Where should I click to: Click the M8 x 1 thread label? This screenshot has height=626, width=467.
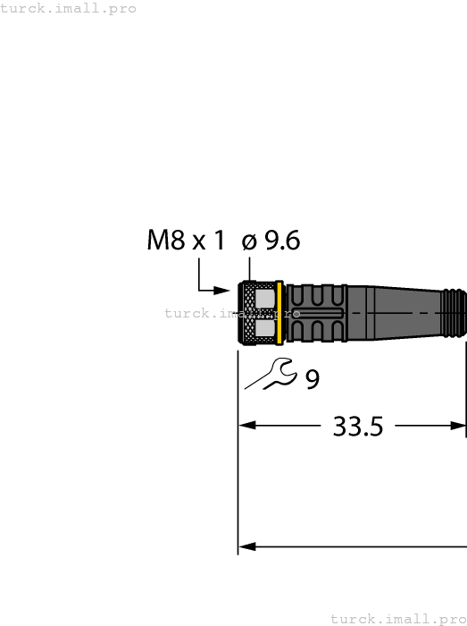point(186,241)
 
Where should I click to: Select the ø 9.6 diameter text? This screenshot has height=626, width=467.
point(271,241)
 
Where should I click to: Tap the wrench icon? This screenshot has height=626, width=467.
point(271,373)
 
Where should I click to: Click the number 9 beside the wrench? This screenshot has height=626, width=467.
point(313,380)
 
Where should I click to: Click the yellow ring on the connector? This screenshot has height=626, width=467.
point(280,313)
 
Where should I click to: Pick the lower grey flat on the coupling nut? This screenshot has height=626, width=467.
point(265,331)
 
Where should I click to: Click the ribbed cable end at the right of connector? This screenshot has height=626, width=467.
point(454,313)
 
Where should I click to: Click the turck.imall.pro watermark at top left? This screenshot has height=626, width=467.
point(69,8)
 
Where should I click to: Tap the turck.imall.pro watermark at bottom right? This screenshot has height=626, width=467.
point(398,619)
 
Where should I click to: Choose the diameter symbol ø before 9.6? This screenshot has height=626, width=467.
point(249,241)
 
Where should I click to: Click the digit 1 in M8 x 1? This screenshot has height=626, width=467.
point(219,241)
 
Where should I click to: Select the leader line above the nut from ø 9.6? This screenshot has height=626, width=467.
point(250,268)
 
